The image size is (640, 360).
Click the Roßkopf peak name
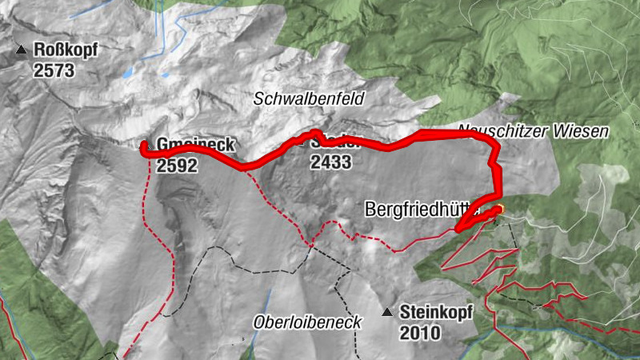click(x=66, y=51)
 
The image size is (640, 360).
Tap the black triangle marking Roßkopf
click(x=21, y=51)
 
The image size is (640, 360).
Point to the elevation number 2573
click(x=54, y=70)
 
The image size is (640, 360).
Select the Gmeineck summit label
click(x=195, y=146)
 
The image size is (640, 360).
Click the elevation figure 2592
click(x=177, y=166)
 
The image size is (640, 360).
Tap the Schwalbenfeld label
click(x=309, y=99)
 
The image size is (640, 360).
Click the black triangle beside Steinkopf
click(x=388, y=312)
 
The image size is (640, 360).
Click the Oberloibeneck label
click(x=308, y=322)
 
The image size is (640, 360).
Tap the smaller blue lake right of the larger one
click(x=165, y=75)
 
